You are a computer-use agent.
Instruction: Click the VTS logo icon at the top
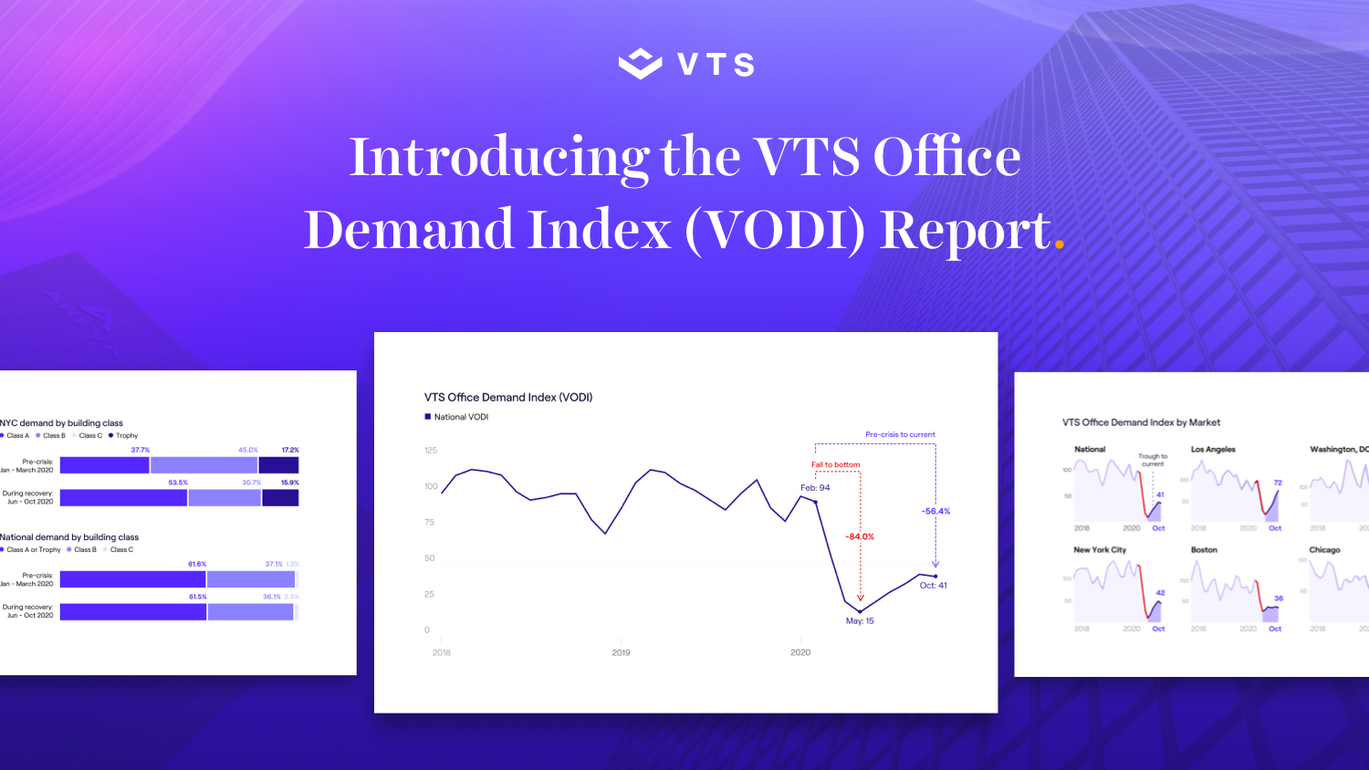[x=640, y=64]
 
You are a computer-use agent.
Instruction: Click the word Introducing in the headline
[x=498, y=158]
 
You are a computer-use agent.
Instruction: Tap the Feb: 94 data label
[x=815, y=487]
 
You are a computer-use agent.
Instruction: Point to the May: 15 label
[x=859, y=620]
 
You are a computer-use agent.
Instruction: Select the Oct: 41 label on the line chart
[x=933, y=585]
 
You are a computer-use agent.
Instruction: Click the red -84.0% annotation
[x=859, y=536]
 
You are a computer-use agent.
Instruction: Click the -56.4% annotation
[x=935, y=511]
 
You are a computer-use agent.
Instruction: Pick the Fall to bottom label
[x=835, y=464]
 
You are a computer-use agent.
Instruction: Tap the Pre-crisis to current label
[x=900, y=434]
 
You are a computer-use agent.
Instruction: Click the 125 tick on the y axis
[x=431, y=450]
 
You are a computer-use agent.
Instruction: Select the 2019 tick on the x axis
[x=621, y=652]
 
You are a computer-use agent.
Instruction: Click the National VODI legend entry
[x=461, y=417]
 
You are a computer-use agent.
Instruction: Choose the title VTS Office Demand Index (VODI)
[x=508, y=397]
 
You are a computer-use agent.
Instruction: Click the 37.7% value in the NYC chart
[x=140, y=450]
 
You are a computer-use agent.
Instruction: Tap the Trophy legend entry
[x=126, y=435]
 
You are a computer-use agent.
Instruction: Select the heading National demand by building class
[x=69, y=537]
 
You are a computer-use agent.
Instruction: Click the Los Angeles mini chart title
[x=1213, y=449]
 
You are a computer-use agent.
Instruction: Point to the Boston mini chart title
[x=1204, y=549]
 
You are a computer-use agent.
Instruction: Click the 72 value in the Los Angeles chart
[x=1278, y=483]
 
